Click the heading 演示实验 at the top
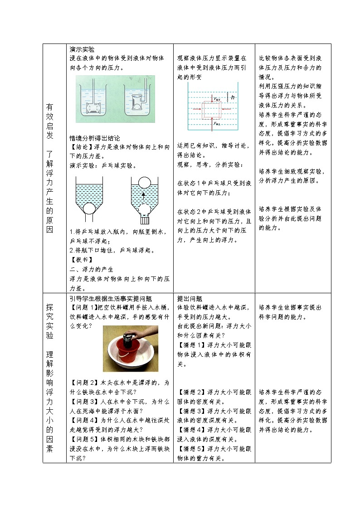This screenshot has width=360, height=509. (x=82, y=49)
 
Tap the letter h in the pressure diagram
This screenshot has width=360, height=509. (x=233, y=97)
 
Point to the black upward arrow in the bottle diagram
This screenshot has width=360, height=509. (x=144, y=196)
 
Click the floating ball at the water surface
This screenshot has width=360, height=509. (x=144, y=182)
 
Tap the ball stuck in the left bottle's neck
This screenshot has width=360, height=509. (x=89, y=208)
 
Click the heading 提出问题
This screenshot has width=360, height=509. (x=190, y=299)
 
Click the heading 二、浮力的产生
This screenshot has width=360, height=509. (x=91, y=269)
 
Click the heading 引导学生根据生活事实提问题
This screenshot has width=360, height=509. (x=111, y=299)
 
